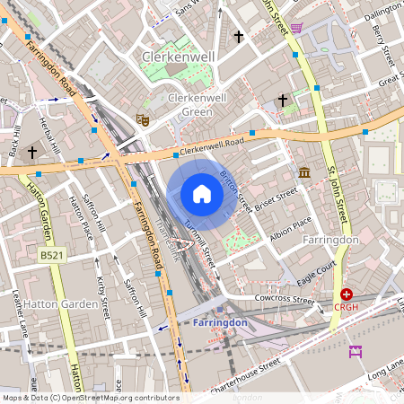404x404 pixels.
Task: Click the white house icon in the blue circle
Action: (x=202, y=194)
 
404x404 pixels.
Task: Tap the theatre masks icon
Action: (x=141, y=119)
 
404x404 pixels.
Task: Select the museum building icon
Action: (x=304, y=171)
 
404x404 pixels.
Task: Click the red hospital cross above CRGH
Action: (x=347, y=294)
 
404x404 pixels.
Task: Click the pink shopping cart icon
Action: (x=296, y=28)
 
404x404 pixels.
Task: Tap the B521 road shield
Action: (x=51, y=256)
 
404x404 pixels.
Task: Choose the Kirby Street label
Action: (x=102, y=297)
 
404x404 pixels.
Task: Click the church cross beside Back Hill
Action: (x=32, y=152)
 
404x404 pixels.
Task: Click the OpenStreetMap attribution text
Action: (x=90, y=398)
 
